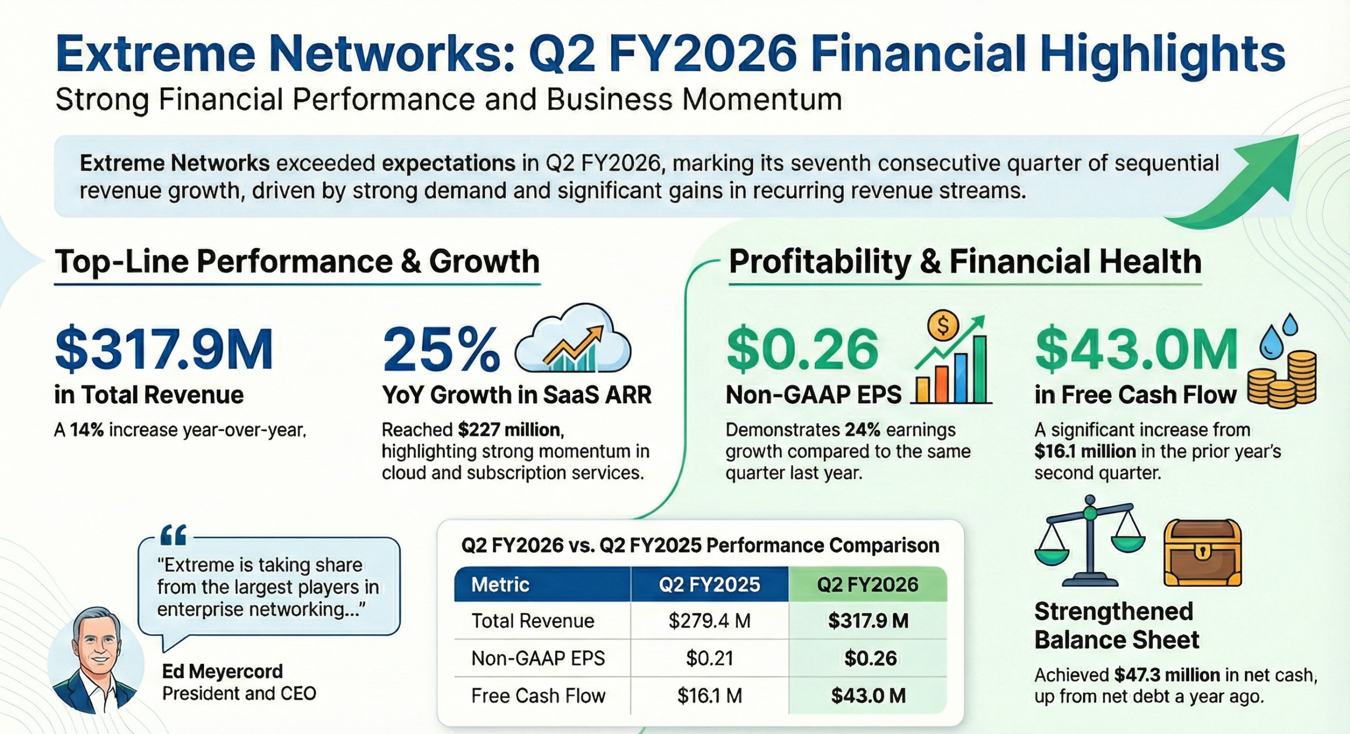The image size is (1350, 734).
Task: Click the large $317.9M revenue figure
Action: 164,350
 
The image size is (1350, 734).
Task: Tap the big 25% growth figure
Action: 441,350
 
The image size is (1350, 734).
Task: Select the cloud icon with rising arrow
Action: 573,341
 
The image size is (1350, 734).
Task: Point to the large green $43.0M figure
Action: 1136,350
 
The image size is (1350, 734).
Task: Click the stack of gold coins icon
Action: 1281,380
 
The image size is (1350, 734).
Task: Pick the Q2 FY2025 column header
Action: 709,584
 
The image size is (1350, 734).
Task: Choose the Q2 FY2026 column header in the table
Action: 867,584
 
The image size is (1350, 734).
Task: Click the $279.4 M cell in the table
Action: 709,621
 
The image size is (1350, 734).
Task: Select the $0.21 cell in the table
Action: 709,658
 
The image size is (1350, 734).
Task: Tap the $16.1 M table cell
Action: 709,696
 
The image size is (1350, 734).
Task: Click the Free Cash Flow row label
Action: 538,696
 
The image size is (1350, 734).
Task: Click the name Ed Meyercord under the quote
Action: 223,671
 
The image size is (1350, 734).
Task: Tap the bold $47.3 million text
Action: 1167,675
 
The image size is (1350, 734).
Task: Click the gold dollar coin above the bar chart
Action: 943,326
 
